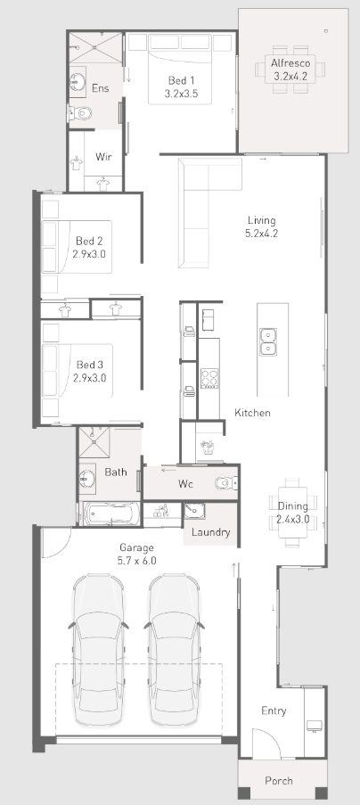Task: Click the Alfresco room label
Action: [290, 63]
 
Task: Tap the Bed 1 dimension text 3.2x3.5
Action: [181, 94]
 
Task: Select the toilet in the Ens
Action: [81, 113]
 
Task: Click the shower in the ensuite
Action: [95, 49]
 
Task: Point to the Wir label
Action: [103, 157]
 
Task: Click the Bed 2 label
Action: [89, 241]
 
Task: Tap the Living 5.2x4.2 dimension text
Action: [262, 234]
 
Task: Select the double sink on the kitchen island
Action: [268, 342]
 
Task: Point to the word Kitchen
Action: [252, 413]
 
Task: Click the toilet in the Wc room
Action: [226, 483]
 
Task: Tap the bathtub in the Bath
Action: [111, 513]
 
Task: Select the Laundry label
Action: [211, 532]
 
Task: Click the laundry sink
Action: [194, 511]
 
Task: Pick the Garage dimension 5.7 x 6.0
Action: [137, 561]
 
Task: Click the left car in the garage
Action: [98, 651]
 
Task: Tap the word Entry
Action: [274, 711]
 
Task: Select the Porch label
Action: [279, 781]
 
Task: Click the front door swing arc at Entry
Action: [272, 738]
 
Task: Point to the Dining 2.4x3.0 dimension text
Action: [293, 519]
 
